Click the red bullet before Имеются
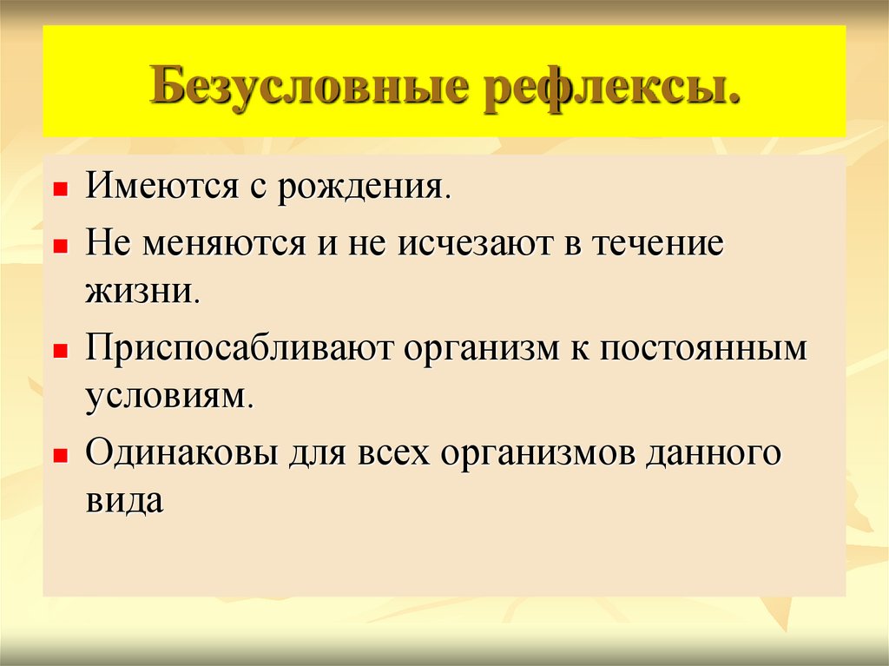60,188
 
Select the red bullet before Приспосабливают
60,351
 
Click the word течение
657,244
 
